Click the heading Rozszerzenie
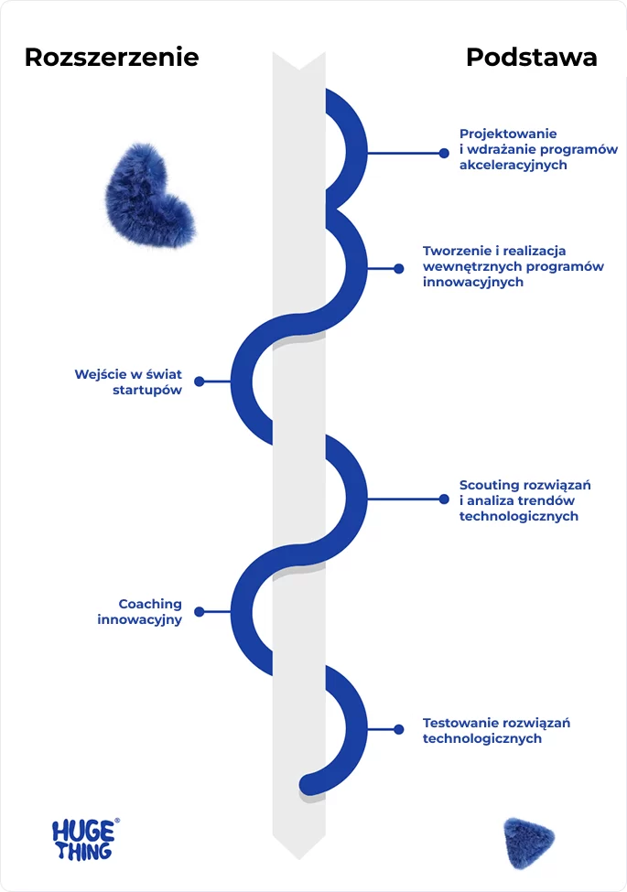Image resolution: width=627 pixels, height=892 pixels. tap(112, 57)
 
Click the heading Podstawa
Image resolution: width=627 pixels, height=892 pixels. tap(531, 57)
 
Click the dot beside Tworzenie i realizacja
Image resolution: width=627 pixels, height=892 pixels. tap(399, 269)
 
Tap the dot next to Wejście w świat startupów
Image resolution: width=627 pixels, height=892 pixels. tap(200, 381)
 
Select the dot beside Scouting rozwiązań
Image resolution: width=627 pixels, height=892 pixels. tap(442, 500)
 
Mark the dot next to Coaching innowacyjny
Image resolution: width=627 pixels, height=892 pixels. tap(200, 611)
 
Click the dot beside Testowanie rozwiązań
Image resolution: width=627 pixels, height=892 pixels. tap(399, 729)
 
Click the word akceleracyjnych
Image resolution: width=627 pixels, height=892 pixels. tap(513, 166)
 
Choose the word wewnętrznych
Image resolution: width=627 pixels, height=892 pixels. tap(469, 266)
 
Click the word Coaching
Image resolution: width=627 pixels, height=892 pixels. tap(150, 604)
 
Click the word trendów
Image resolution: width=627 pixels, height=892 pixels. tap(547, 500)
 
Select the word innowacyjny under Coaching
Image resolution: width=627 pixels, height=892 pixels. tap(140, 619)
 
